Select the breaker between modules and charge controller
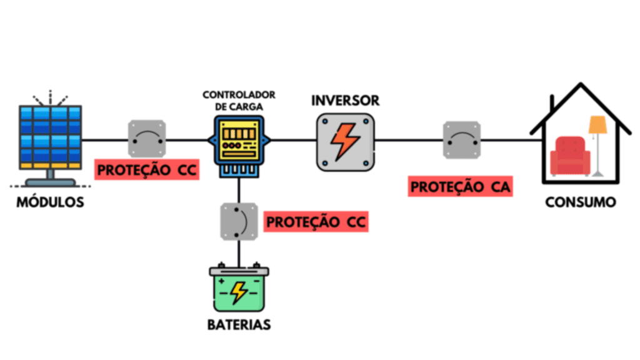[x=147, y=139]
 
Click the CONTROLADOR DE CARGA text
[x=239, y=101]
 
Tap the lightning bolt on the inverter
[x=344, y=141]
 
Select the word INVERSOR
[x=345, y=100]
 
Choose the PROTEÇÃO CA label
[x=461, y=187]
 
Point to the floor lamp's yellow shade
[x=598, y=124]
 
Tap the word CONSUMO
[x=580, y=203]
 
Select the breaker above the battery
[x=239, y=221]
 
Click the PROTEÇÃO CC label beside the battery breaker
[x=316, y=222]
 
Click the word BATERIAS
[x=239, y=326]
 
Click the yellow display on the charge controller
[x=239, y=134]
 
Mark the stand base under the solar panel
[x=50, y=182]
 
